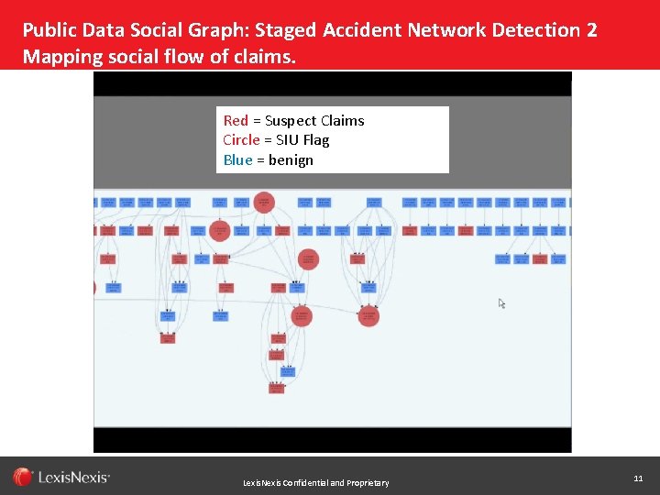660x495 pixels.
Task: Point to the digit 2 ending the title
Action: tap(591, 30)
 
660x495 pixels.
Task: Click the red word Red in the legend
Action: tap(236, 121)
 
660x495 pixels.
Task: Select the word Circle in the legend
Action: tap(241, 140)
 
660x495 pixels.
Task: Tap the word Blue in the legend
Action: tap(236, 160)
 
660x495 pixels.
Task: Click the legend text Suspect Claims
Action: tap(314, 121)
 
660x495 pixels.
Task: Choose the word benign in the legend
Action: tap(291, 160)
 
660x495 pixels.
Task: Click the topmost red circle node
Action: tap(264, 202)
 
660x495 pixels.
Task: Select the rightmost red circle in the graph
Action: tap(368, 316)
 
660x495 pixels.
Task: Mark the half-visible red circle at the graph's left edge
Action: tap(94, 288)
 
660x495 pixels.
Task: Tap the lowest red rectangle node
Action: tap(277, 388)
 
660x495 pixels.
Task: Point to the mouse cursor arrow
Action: tap(501, 303)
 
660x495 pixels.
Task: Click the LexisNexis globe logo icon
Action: tap(23, 477)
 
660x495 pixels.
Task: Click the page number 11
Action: tap(638, 478)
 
